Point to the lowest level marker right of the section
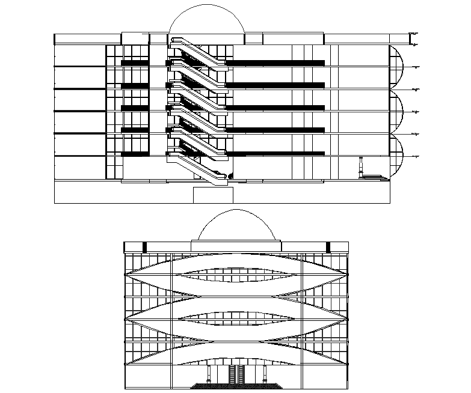[413, 156]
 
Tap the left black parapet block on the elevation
[144, 246]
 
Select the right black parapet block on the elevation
[328, 246]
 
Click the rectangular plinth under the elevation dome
[236, 245]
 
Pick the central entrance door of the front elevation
[236, 374]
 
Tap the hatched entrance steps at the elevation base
[236, 386]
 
